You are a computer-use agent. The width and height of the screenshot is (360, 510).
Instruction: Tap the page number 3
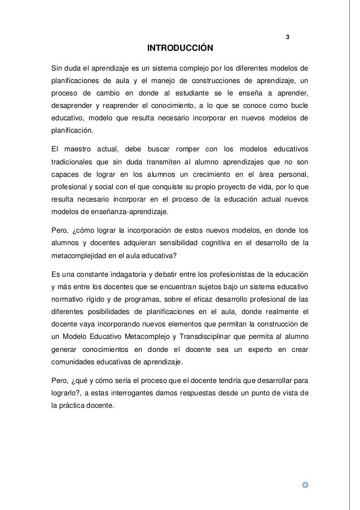click(x=288, y=38)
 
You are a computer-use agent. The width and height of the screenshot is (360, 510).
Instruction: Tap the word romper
click(x=182, y=148)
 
